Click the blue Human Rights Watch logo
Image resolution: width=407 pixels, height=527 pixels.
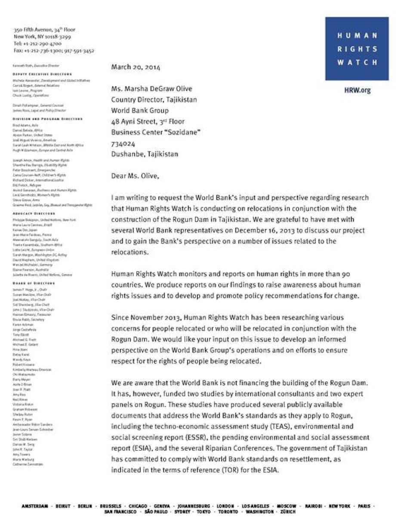(x=357, y=49)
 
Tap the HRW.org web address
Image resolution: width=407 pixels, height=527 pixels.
(x=357, y=90)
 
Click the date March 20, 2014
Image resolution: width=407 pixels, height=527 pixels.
(x=136, y=67)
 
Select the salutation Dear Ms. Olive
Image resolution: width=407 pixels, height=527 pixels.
(x=135, y=176)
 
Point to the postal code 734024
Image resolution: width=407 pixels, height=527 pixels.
(x=123, y=143)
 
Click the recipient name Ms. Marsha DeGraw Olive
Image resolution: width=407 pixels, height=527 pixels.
(x=151, y=89)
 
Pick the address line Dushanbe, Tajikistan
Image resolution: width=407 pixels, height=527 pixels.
(x=145, y=154)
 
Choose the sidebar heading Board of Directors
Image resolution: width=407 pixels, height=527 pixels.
(x=34, y=284)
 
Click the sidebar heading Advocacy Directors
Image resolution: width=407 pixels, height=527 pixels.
(x=34, y=214)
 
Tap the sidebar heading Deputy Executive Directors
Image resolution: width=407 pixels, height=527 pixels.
(x=42, y=74)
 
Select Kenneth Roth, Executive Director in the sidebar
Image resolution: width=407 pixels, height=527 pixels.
(x=36, y=66)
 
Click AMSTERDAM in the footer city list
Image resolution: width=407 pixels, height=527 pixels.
(x=35, y=506)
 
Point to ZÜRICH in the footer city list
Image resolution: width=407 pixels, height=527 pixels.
(x=288, y=512)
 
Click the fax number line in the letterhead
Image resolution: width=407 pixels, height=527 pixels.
(x=54, y=51)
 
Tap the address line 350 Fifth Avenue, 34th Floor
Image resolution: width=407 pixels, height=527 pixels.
(x=44, y=30)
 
